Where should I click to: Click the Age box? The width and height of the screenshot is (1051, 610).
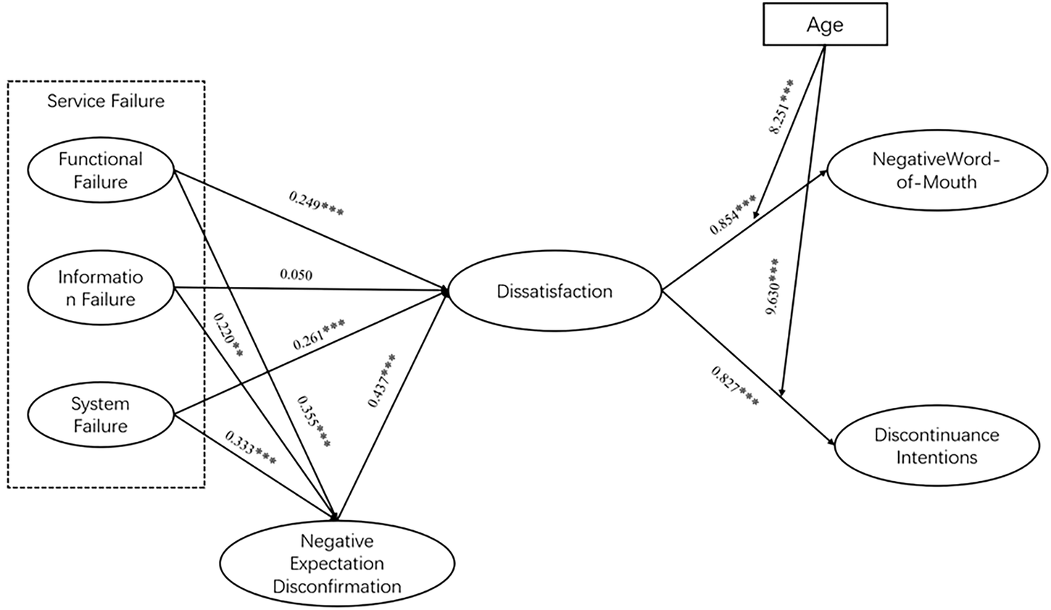(x=826, y=25)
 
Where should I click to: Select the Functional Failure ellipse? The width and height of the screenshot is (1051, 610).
(x=101, y=170)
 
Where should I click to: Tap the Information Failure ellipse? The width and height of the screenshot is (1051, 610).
(x=101, y=288)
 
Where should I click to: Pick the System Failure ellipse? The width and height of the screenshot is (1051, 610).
(x=101, y=414)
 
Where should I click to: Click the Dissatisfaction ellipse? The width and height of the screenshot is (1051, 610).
(x=554, y=292)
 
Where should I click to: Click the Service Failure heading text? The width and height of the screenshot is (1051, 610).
(x=106, y=101)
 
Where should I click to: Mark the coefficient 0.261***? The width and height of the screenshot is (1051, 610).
(x=318, y=334)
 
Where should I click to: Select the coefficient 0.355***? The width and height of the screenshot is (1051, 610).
(x=313, y=422)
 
